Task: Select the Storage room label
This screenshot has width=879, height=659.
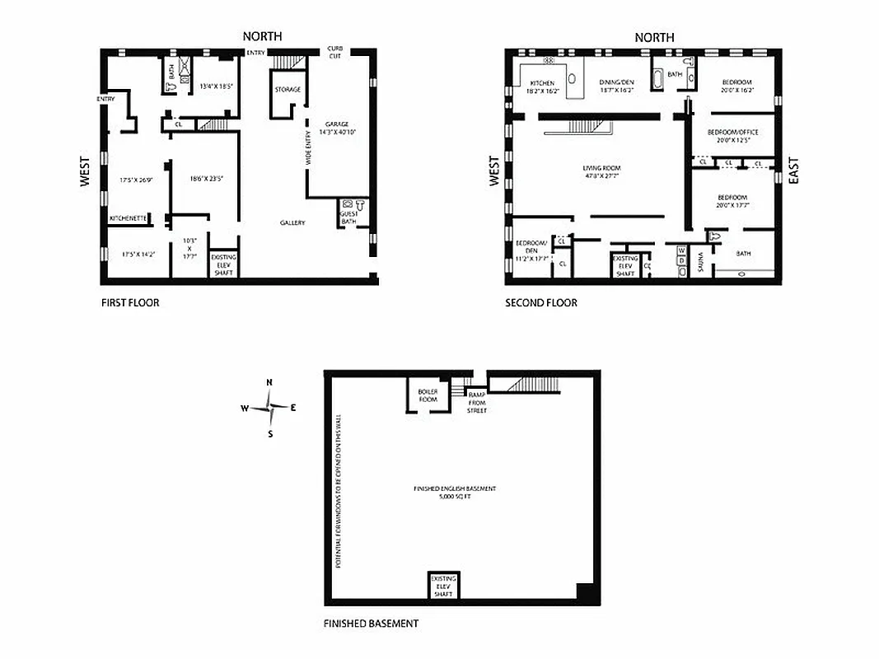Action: (x=288, y=89)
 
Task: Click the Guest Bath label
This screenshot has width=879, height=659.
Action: (x=348, y=217)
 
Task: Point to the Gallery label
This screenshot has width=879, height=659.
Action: (x=292, y=222)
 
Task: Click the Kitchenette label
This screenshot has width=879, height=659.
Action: (x=129, y=218)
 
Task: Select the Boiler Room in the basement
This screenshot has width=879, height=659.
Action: (x=428, y=395)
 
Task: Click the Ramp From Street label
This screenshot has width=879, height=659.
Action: (x=477, y=402)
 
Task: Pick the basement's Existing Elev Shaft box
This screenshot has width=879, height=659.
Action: (x=443, y=586)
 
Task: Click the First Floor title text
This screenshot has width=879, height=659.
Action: (x=130, y=302)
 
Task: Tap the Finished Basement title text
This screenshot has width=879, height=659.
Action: (x=371, y=624)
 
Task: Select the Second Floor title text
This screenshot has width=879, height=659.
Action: (x=540, y=302)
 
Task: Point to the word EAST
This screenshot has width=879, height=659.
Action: (x=794, y=171)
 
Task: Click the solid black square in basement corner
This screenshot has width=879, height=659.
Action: (x=584, y=591)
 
